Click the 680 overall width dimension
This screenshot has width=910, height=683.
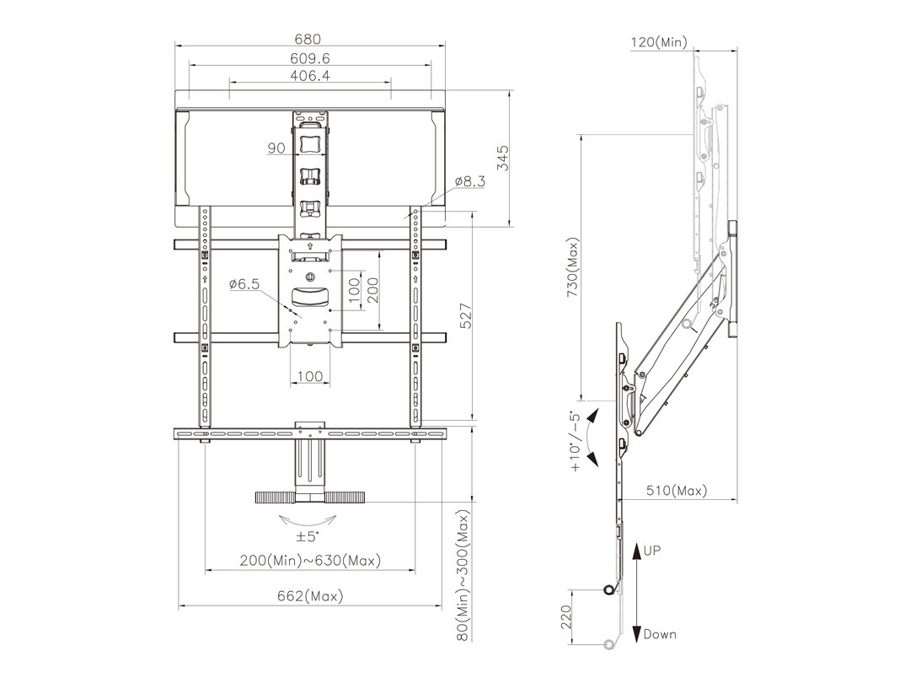[x=308, y=39]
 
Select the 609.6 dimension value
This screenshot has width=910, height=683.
[x=310, y=59]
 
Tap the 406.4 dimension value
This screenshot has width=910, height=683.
[x=310, y=76]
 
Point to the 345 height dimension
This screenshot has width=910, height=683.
[x=502, y=158]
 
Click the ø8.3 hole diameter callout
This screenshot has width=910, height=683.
[x=470, y=181]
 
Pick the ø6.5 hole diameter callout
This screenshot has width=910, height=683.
[x=244, y=284]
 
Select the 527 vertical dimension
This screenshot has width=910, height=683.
[x=466, y=316]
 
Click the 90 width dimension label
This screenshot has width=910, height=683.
[x=276, y=148]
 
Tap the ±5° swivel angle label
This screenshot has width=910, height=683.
[x=308, y=536]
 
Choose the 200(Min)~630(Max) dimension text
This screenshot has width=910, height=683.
[x=310, y=561]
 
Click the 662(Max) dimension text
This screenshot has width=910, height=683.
[x=310, y=596]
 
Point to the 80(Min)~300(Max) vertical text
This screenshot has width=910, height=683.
[x=463, y=576]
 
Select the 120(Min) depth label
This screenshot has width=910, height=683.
[x=659, y=42]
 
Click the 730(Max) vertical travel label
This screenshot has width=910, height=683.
[x=573, y=267]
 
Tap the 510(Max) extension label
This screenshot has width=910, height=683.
[x=677, y=491]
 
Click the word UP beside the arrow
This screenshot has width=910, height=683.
[x=651, y=550]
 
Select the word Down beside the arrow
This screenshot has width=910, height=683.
[x=660, y=634]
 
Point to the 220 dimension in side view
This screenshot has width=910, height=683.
[x=566, y=616]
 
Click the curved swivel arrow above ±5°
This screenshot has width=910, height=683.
[x=308, y=519]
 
